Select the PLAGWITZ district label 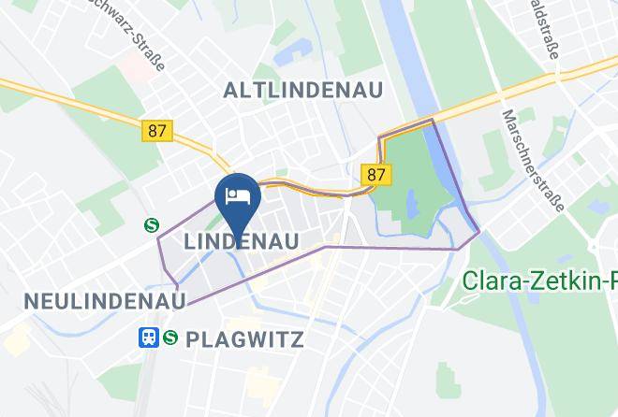245,338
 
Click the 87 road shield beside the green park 376,175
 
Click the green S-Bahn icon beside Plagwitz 170,338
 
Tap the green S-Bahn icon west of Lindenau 150,224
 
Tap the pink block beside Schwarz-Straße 131,67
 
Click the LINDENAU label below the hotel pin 242,242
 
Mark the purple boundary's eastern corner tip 479,232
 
